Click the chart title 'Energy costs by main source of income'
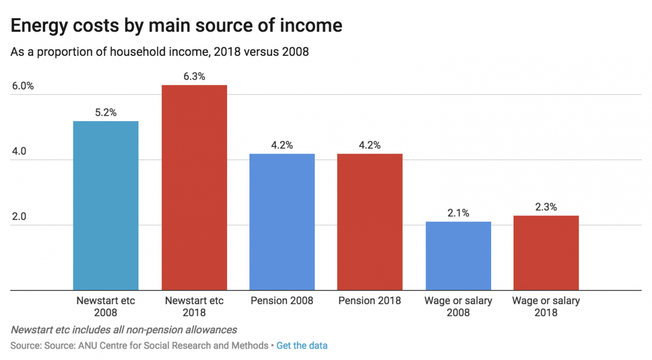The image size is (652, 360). (177, 26)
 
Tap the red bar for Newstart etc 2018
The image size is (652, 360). (194, 187)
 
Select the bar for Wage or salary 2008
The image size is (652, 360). (458, 256)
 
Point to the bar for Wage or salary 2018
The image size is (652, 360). (546, 252)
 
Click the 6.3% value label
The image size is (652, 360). (194, 77)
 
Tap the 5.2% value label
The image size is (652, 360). (105, 113)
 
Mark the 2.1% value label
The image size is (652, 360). (458, 213)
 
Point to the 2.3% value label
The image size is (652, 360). (546, 207)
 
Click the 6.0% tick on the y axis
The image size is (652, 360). (22, 86)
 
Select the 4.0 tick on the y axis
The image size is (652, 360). (20, 151)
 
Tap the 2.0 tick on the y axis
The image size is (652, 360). (20, 217)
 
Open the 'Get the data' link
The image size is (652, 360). (302, 345)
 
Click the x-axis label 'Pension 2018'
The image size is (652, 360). (369, 301)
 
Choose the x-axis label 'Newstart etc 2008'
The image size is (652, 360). (105, 306)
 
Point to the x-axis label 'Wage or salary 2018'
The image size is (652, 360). (546, 306)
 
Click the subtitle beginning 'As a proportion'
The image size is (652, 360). (159, 52)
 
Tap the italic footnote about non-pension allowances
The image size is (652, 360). (123, 330)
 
